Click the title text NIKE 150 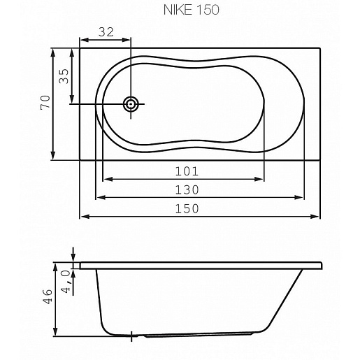[x=191, y=10]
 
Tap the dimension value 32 [x=106, y=32]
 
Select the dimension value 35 [x=64, y=76]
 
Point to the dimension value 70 [x=45, y=102]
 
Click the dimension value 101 [x=187, y=171]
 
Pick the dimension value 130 [x=187, y=189]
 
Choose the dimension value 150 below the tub [x=187, y=208]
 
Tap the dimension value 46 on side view [x=48, y=296]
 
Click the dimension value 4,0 [x=66, y=281]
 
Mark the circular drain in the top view [x=131, y=104]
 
